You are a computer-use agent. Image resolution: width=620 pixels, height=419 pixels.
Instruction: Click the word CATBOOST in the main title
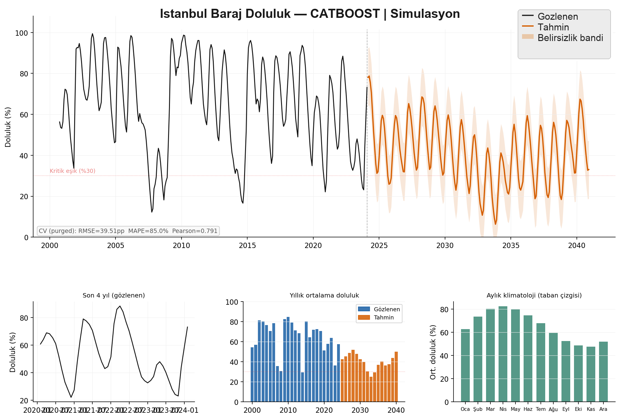click(345, 14)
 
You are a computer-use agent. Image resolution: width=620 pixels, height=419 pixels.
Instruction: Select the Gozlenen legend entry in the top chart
click(557, 17)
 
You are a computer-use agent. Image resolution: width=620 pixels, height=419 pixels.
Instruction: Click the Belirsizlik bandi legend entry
click(570, 38)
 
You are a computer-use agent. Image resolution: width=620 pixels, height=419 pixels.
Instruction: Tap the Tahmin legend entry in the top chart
click(553, 27)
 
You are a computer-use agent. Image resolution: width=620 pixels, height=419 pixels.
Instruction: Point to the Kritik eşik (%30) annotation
click(73, 171)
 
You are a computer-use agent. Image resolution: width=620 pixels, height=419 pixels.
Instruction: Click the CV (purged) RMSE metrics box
click(128, 231)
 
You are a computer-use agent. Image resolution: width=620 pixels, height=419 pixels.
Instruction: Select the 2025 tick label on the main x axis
click(379, 246)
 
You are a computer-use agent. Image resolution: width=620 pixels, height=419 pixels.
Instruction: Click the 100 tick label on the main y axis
click(22, 33)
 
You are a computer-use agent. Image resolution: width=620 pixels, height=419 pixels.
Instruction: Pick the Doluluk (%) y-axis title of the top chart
click(8, 127)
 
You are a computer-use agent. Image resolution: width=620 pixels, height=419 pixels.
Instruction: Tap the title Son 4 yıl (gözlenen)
click(114, 296)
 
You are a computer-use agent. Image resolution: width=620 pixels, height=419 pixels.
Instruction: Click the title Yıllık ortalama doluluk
click(324, 296)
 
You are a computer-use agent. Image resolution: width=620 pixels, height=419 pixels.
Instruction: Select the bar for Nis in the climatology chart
click(503, 354)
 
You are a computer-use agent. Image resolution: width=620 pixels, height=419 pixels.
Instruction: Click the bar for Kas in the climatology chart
click(591, 374)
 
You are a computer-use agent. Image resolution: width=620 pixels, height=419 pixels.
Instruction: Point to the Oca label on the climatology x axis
click(465, 409)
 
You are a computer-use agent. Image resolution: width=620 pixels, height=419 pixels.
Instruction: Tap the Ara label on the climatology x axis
click(603, 409)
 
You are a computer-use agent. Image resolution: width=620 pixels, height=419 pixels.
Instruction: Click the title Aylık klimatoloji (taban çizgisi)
click(534, 296)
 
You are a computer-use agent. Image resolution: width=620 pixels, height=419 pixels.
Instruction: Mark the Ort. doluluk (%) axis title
click(433, 352)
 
